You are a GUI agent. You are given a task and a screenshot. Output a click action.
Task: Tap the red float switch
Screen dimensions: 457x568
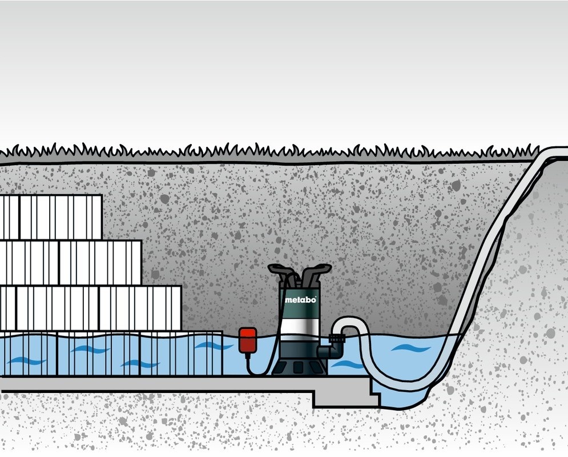[x=248, y=340]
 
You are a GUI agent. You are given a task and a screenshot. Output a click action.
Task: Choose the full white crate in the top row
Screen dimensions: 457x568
[x=61, y=217]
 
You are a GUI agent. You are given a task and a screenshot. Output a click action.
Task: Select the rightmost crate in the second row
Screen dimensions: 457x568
[x=100, y=262]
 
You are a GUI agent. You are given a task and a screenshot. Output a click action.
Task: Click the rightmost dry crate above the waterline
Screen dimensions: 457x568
[x=140, y=308]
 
